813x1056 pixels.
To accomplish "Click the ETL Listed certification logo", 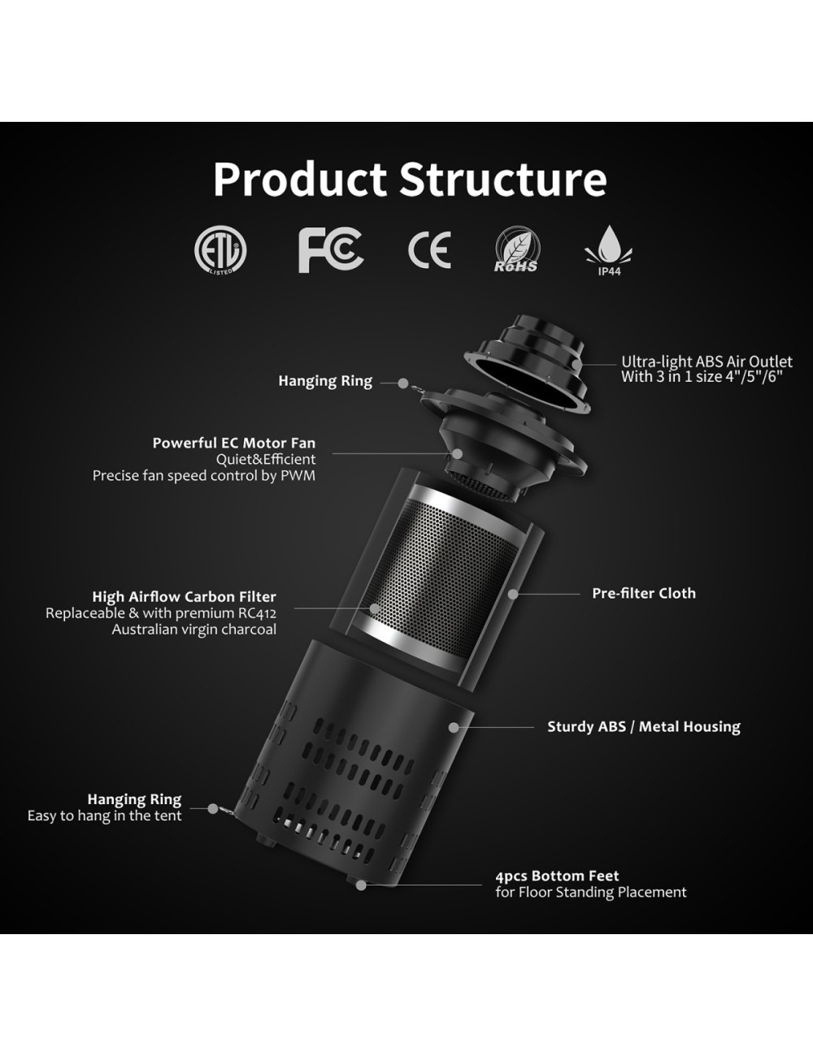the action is [x=220, y=251].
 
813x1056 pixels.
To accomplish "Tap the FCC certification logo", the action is [x=331, y=251].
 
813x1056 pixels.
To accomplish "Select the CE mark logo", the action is [x=429, y=250].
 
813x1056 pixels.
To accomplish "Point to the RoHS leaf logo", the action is [x=517, y=249].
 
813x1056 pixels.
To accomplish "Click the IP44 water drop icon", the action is [x=609, y=251].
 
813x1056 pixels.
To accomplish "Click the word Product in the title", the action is [x=300, y=179].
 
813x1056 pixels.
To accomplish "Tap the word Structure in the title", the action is [x=503, y=179].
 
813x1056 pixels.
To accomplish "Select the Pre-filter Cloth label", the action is [x=644, y=593].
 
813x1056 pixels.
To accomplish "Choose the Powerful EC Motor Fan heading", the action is [x=234, y=443].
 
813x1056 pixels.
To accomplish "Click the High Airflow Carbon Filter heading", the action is [x=185, y=596].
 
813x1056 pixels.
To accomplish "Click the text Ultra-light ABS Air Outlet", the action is [x=707, y=361].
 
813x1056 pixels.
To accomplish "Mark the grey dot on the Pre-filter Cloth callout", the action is [x=513, y=593].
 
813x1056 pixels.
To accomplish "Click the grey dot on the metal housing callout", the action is [x=454, y=727].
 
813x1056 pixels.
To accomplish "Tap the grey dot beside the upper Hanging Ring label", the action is [x=402, y=383].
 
